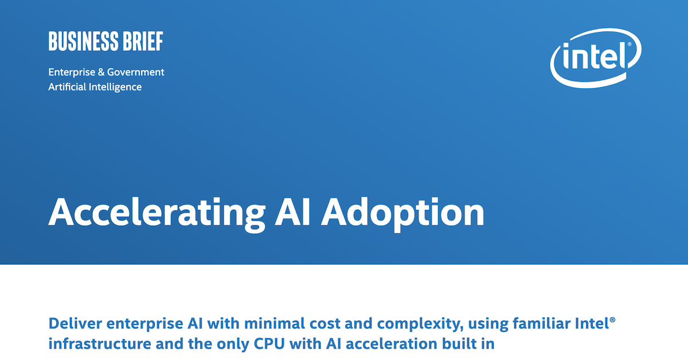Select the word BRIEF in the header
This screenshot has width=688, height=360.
tap(143, 42)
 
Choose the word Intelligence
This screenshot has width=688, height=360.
tap(115, 87)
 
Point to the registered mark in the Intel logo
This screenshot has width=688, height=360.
tap(629, 44)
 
